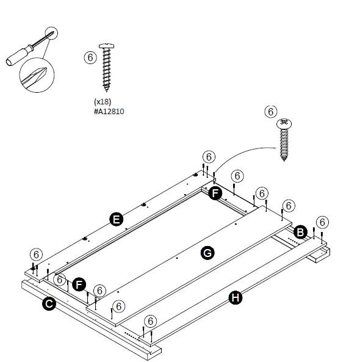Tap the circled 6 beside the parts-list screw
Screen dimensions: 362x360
pos(90,57)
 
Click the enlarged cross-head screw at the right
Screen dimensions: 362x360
pos(284,139)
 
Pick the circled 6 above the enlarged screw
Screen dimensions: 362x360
pos(270,112)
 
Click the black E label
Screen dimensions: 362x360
pos(114,219)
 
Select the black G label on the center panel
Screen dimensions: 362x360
pos(207,252)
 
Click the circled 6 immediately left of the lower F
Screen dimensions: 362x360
pos(59,280)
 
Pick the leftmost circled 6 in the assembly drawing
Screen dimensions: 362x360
pos(37,253)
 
